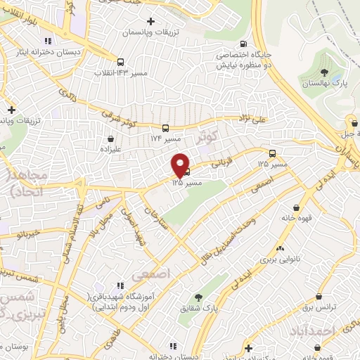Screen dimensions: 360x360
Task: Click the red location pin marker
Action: (x=181, y=165)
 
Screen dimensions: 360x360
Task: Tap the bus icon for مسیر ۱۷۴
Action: (x=165, y=128)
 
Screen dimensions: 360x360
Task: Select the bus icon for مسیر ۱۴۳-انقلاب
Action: (x=120, y=62)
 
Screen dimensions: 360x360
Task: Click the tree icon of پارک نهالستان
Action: (x=324, y=72)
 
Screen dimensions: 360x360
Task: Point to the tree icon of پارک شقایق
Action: (x=198, y=297)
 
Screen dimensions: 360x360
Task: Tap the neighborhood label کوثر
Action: (x=209, y=136)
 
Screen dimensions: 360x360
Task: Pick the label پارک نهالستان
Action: (x=324, y=84)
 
